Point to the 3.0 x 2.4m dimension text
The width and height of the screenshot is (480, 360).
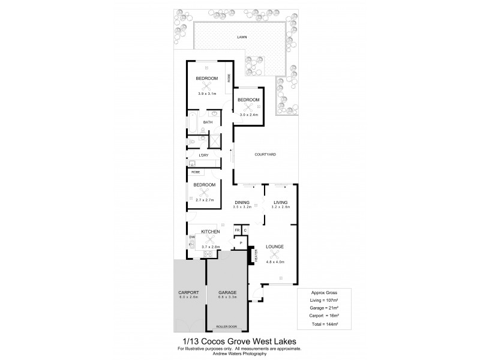point(248,114)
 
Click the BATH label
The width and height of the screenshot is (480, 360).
point(207,122)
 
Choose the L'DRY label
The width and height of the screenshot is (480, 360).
point(203,155)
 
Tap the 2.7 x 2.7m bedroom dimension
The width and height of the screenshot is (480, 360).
point(205,199)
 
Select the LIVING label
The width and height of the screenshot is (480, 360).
point(280,202)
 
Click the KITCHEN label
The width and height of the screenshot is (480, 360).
point(210,232)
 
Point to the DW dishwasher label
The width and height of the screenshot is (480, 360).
point(192,238)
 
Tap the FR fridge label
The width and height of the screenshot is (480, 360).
point(237,230)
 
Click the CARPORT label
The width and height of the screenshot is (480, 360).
point(189,293)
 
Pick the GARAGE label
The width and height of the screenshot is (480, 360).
point(227,293)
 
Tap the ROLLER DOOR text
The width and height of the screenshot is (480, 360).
point(227,326)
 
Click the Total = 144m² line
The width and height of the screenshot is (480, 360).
point(325,324)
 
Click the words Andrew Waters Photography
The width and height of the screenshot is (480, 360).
point(239,354)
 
